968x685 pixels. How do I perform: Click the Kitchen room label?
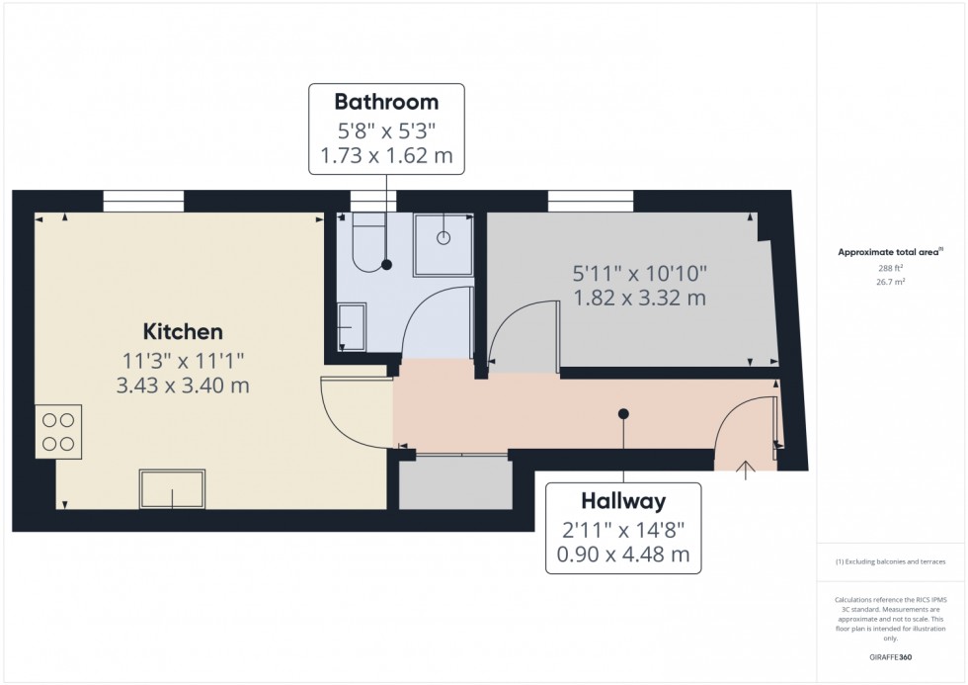pyautogui.click(x=183, y=332)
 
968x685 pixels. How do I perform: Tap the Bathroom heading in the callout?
pyautogui.click(x=386, y=101)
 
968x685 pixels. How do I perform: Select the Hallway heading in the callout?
pyautogui.click(x=623, y=501)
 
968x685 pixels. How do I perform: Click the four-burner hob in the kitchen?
pyautogui.click(x=58, y=432)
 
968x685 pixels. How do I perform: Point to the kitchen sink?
pyautogui.click(x=173, y=489)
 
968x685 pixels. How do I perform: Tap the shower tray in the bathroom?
pyautogui.click(x=444, y=241)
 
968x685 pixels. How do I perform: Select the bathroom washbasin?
pyautogui.click(x=350, y=326)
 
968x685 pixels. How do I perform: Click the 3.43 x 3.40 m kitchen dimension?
pyautogui.click(x=183, y=385)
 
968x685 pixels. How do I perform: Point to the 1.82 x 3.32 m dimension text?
pyautogui.click(x=640, y=298)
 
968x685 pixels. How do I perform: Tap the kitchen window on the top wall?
pyautogui.click(x=143, y=201)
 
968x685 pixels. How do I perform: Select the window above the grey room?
pyautogui.click(x=591, y=201)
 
